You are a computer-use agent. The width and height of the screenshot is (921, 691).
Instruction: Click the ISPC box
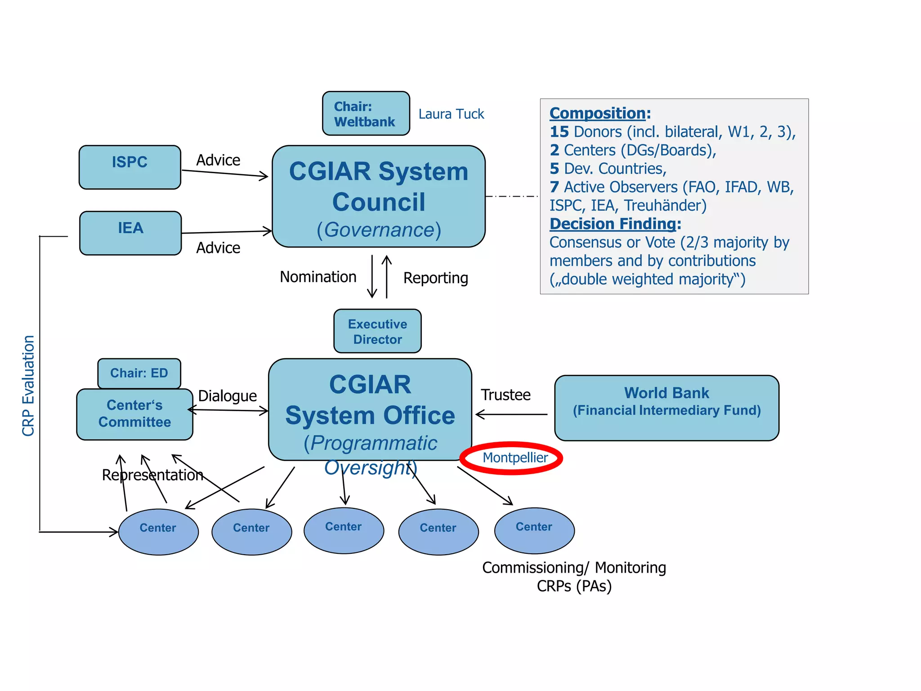coord(130,167)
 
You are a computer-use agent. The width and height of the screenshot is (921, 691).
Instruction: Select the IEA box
coord(130,233)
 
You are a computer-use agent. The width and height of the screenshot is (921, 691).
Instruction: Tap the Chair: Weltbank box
coord(366,113)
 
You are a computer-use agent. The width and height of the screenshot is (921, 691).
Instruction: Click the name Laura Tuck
coord(451,114)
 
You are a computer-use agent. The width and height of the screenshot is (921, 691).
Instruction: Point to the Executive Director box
coord(377,331)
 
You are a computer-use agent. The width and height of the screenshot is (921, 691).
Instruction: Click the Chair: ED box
coord(139,373)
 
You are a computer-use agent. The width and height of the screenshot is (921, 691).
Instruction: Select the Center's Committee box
coord(134,414)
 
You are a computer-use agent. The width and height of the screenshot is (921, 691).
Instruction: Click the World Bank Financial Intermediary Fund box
coord(666,408)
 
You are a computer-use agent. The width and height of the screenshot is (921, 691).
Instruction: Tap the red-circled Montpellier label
coord(514,458)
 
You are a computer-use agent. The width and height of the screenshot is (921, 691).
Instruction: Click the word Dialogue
coord(227,396)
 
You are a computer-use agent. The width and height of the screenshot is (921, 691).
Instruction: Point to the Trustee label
coord(505,395)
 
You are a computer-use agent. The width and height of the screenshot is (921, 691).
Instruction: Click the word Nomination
coord(318,277)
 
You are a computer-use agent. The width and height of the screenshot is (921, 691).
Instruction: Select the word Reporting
coord(435,278)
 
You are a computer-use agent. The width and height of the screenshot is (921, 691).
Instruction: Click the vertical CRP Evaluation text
coord(28,386)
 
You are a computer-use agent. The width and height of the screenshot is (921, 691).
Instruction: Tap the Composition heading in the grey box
coord(597,113)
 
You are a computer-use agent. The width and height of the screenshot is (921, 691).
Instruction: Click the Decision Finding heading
coord(613,224)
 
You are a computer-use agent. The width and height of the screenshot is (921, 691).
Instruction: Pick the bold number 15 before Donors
coord(559,132)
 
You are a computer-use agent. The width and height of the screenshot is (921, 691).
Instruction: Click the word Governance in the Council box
coord(379,230)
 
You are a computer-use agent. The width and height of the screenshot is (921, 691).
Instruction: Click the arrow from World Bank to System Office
coord(511,414)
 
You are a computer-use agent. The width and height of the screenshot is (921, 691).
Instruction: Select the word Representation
coord(152,475)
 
